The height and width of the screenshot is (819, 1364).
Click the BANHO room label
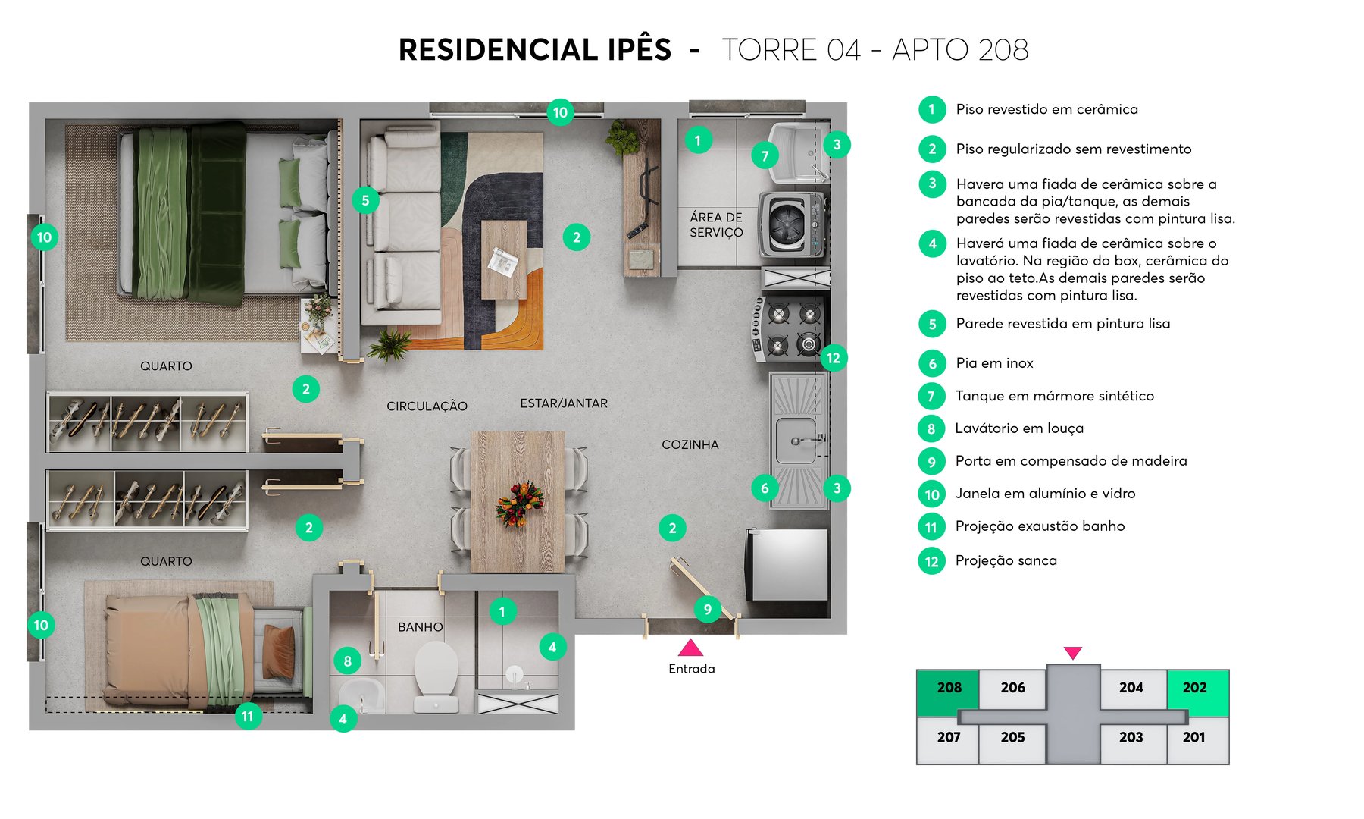(420, 627)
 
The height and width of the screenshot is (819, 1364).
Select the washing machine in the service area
(790, 224)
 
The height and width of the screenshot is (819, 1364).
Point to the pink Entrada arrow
(690, 648)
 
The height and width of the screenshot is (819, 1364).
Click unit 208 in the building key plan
(948, 689)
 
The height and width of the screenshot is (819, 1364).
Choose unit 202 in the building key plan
(1195, 689)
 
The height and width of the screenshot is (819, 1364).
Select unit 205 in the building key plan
(1012, 738)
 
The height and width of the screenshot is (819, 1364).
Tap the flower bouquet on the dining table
(519, 504)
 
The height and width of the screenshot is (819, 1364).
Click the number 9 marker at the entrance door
(707, 609)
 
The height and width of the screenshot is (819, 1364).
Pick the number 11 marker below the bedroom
(248, 716)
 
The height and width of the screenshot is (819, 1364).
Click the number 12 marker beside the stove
(833, 358)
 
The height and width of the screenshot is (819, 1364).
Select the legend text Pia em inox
(994, 363)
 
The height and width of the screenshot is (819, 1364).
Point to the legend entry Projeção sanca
(1006, 561)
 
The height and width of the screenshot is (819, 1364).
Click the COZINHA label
(690, 445)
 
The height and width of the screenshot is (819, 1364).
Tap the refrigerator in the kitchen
(788, 564)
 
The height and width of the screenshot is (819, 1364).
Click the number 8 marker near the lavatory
(347, 661)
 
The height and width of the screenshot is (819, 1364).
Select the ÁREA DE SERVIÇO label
(716, 225)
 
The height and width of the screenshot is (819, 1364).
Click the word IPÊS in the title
(639, 50)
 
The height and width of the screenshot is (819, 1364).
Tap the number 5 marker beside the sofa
(365, 200)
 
